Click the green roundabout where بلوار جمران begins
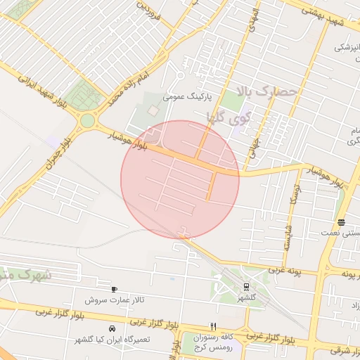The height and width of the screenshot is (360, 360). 87,120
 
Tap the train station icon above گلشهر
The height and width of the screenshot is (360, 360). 247,286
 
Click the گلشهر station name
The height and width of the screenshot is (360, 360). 247,298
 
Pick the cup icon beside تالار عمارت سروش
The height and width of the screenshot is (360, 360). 114,289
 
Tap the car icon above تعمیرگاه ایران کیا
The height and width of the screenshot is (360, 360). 112,328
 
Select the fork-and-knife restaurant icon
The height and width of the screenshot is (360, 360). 213,326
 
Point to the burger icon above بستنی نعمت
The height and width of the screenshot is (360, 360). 341,222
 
